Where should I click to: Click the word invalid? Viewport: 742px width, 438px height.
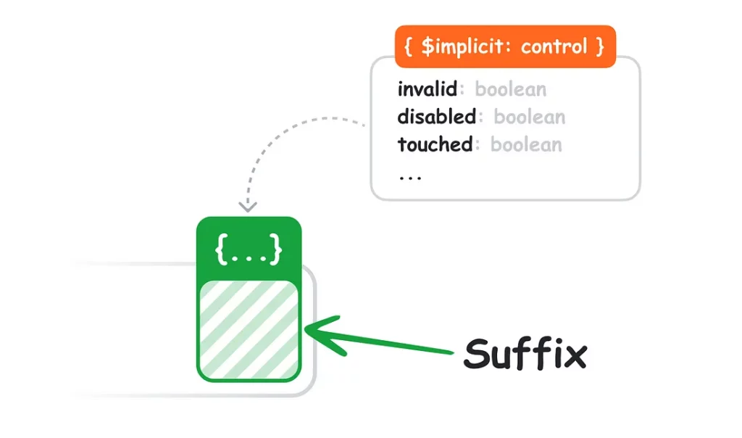[x=428, y=89]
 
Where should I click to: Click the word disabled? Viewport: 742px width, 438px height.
[x=436, y=117]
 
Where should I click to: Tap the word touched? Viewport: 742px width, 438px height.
[x=435, y=144]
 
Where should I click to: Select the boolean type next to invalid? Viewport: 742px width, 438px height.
[x=511, y=89]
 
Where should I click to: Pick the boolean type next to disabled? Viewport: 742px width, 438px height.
[x=530, y=117]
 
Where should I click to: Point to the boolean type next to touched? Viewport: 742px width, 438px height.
[x=526, y=144]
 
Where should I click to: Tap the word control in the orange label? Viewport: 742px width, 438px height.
[x=554, y=46]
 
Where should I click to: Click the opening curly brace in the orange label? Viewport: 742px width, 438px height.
[x=408, y=46]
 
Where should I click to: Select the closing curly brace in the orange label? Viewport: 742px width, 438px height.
[x=600, y=46]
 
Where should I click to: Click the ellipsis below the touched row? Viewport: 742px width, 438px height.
[x=410, y=178]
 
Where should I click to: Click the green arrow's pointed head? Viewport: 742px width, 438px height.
[x=307, y=330]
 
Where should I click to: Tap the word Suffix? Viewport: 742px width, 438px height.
[x=525, y=353]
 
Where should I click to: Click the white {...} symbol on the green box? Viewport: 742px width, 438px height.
[x=249, y=249]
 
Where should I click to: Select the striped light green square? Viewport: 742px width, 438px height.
[x=249, y=329]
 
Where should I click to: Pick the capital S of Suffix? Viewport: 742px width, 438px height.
[x=478, y=354]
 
